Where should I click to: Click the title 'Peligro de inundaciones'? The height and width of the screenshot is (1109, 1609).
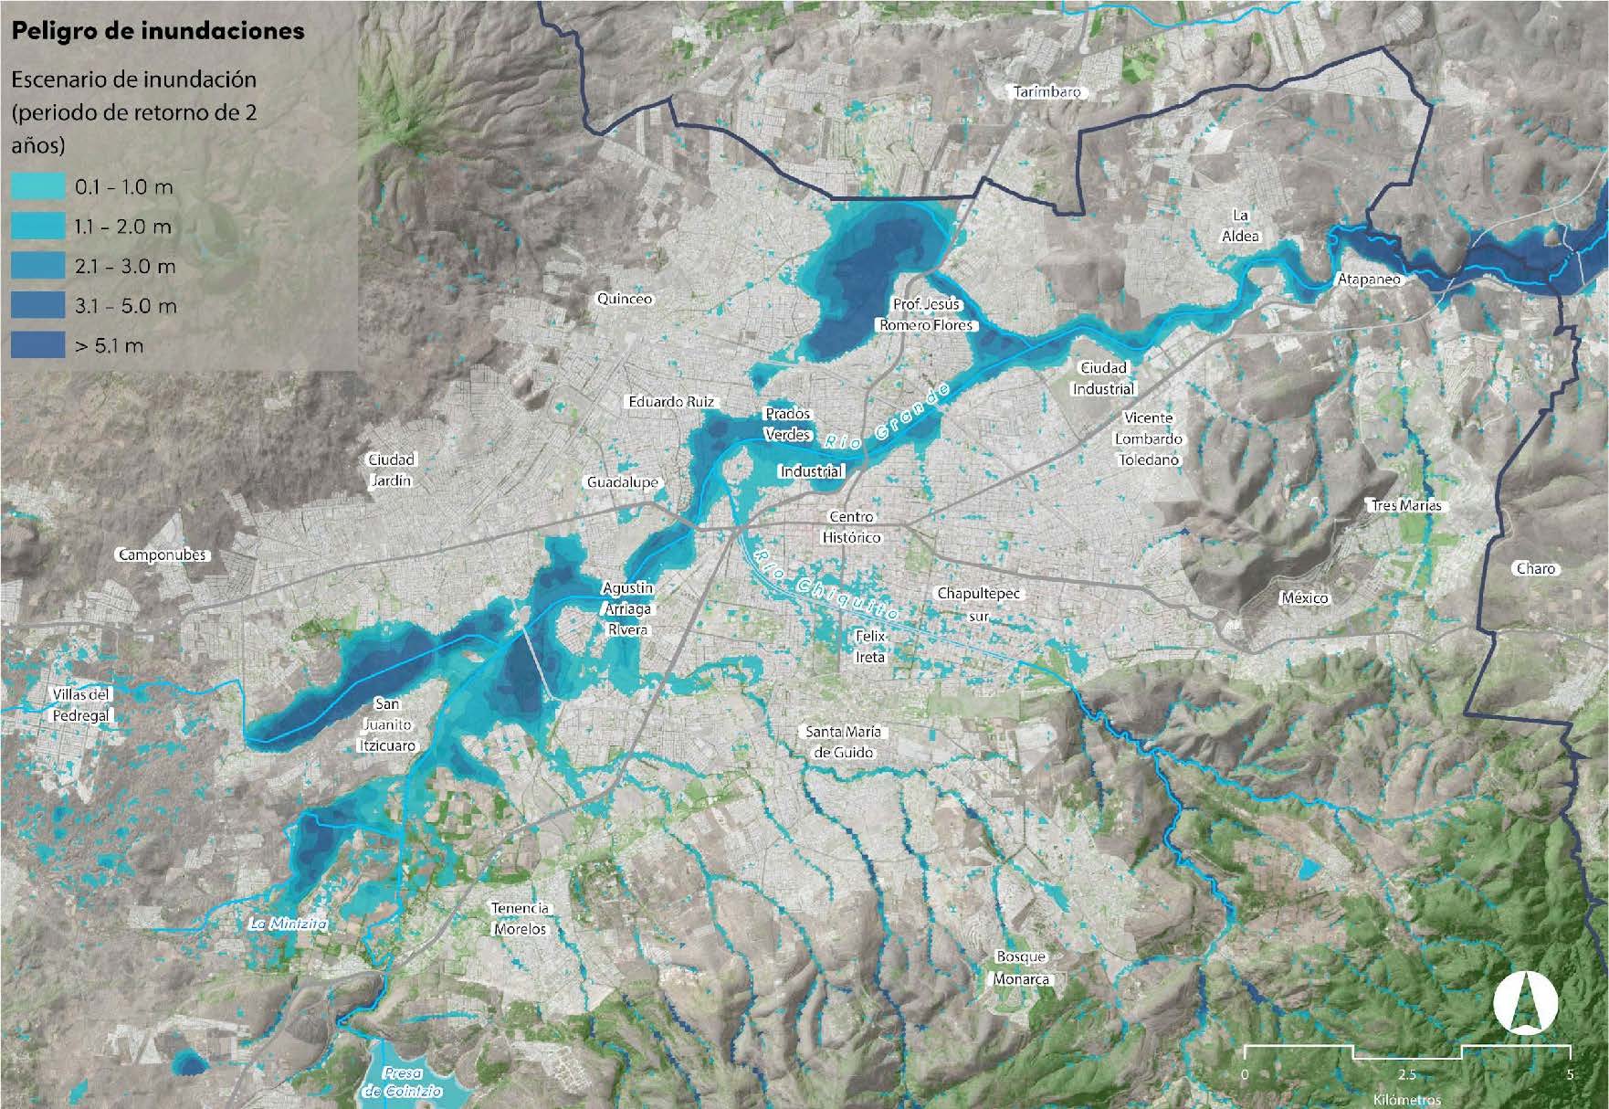pos(157,31)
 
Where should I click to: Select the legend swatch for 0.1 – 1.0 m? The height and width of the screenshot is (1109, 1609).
pos(38,187)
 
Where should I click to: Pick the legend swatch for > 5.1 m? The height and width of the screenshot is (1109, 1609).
pos(38,345)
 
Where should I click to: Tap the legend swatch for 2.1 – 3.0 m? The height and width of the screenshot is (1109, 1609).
pos(38,266)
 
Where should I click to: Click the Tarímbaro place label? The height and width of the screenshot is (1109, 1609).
pos(1047,92)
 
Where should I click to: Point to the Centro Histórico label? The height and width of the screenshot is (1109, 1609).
pos(851,527)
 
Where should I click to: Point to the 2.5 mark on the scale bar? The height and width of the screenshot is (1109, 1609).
pos(1407,1074)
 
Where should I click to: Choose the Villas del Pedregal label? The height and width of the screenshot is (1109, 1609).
pos(80,705)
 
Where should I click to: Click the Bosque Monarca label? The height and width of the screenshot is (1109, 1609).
pos(1021,967)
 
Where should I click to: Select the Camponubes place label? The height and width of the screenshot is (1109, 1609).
pos(163,554)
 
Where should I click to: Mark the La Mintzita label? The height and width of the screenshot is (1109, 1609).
pos(288,924)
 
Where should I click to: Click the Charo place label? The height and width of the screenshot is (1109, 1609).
pos(1535,568)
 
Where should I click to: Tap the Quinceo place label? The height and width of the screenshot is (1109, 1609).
pos(625,299)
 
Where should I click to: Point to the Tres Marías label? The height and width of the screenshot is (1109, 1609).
pos(1405,505)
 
